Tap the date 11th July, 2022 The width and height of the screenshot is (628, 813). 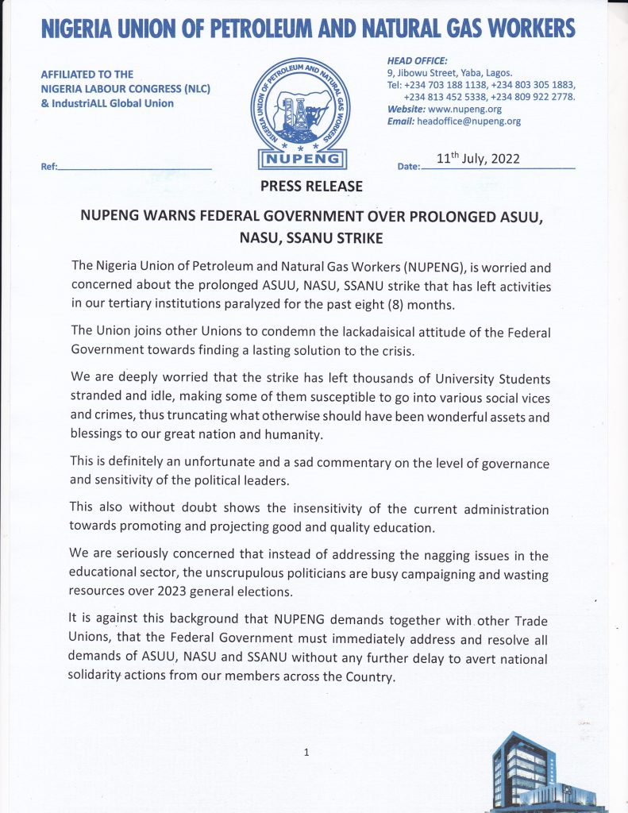[478, 158]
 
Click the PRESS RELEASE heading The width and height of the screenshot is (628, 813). [312, 187]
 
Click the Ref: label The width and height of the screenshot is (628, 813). [48, 168]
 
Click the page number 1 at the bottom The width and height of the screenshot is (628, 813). [306, 753]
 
